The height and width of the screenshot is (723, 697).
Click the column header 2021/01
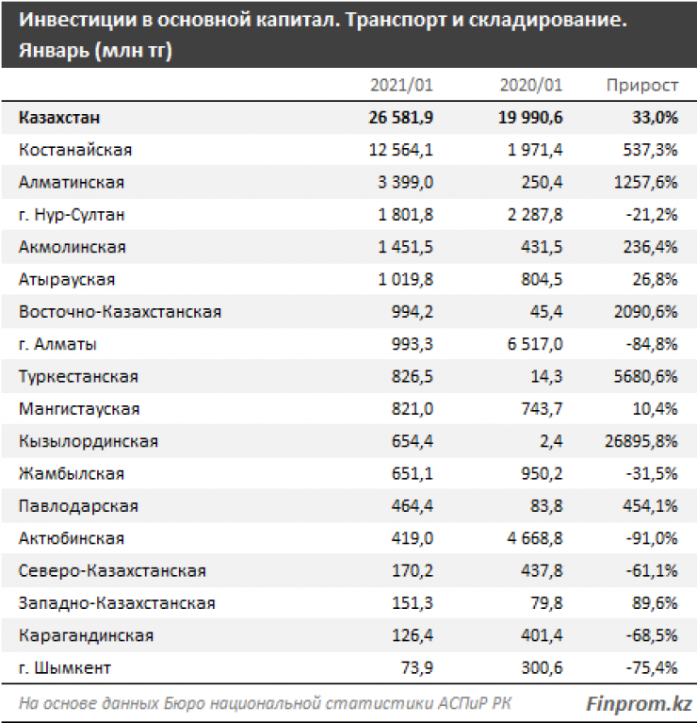point(401,85)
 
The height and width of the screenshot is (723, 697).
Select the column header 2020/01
point(531,85)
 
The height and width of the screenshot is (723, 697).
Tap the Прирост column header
point(642,85)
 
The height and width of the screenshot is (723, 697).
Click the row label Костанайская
point(75,150)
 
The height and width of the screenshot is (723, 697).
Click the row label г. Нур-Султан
point(72,214)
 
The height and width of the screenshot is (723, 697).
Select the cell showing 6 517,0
point(533,344)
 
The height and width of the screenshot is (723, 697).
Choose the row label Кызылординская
point(88,441)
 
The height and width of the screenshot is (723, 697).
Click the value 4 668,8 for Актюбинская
point(533,538)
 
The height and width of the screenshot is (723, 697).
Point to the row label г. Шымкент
point(64,668)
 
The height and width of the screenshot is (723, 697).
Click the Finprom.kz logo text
point(639,703)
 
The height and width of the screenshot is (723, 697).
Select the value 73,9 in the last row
point(416,668)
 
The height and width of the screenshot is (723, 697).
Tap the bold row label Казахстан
point(59,118)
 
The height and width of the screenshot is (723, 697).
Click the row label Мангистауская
point(79,409)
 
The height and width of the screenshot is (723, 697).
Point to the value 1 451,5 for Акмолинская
point(404,247)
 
